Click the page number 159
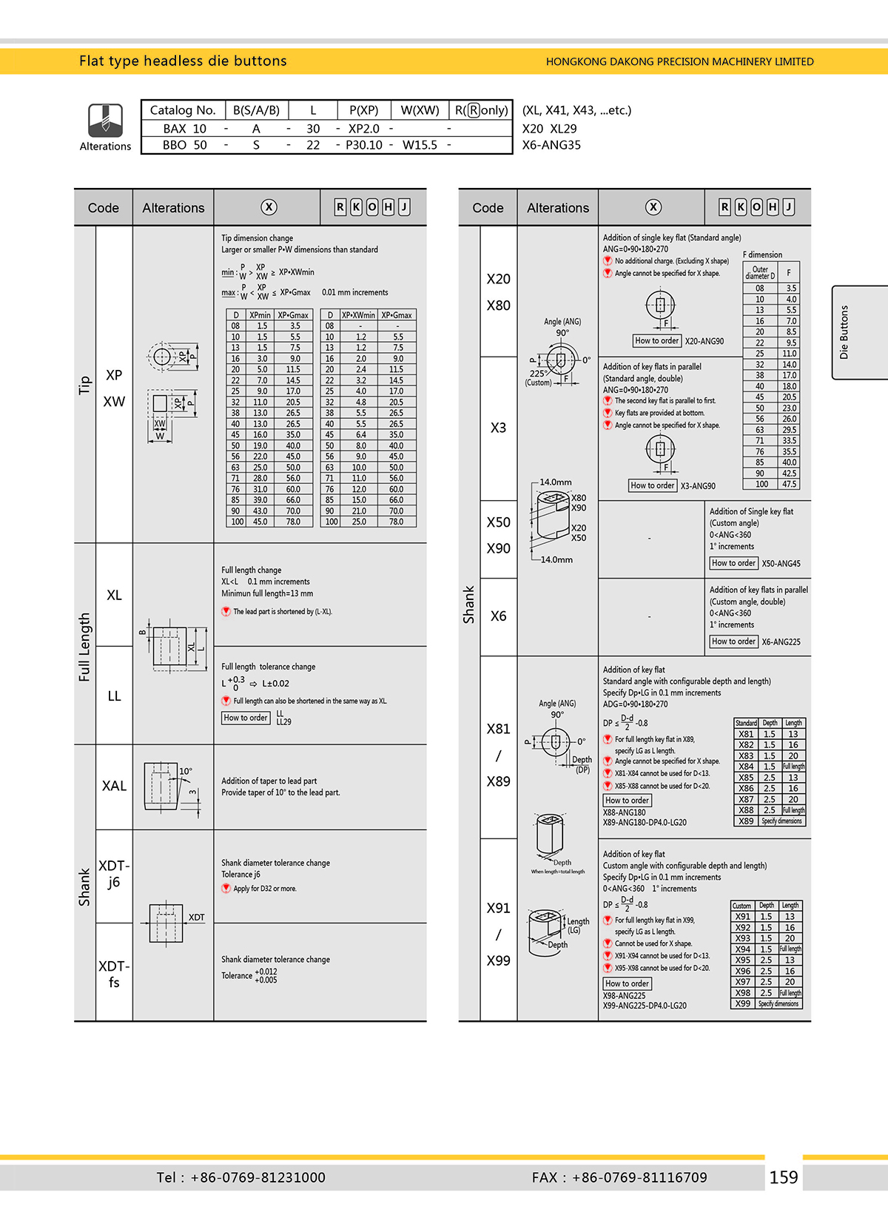point(783,1177)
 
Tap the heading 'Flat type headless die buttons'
point(183,61)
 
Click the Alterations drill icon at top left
point(105,119)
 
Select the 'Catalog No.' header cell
point(182,110)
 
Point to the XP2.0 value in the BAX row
point(364,128)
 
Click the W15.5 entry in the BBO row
point(420,145)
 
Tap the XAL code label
point(114,786)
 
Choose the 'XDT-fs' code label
point(114,974)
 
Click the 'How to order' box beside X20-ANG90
point(656,341)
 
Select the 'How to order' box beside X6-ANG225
point(733,642)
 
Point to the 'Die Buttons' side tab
point(844,332)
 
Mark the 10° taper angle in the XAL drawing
point(186,771)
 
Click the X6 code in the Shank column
point(498,616)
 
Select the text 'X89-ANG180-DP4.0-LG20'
point(645,823)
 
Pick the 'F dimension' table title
point(762,255)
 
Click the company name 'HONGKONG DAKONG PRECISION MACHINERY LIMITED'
point(679,61)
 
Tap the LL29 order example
point(283,722)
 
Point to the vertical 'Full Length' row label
point(84,647)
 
